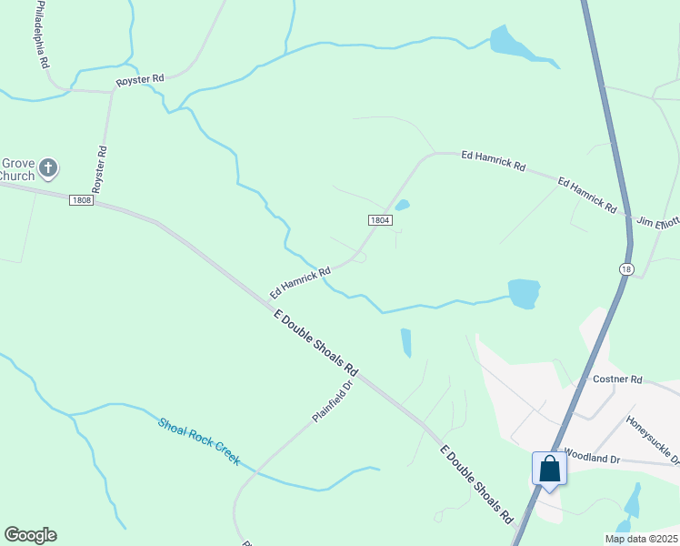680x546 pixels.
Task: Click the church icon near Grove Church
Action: tap(48, 168)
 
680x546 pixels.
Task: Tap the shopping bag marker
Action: tap(550, 469)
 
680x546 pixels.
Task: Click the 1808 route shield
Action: tap(81, 200)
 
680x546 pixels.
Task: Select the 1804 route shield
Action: tap(380, 220)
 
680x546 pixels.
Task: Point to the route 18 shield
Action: tap(625, 268)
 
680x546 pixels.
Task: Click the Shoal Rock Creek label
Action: tap(199, 441)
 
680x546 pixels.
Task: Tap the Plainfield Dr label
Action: tap(332, 400)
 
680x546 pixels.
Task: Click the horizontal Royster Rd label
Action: tap(139, 81)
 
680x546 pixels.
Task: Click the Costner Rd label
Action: tap(617, 379)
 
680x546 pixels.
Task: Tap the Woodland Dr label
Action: tap(591, 453)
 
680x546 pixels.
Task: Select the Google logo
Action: tap(30, 535)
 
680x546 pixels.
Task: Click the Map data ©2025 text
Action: tap(640, 539)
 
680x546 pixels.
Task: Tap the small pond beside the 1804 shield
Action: tap(402, 205)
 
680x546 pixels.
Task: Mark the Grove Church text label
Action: tap(16, 168)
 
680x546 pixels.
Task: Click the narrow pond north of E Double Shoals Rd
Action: tap(405, 342)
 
